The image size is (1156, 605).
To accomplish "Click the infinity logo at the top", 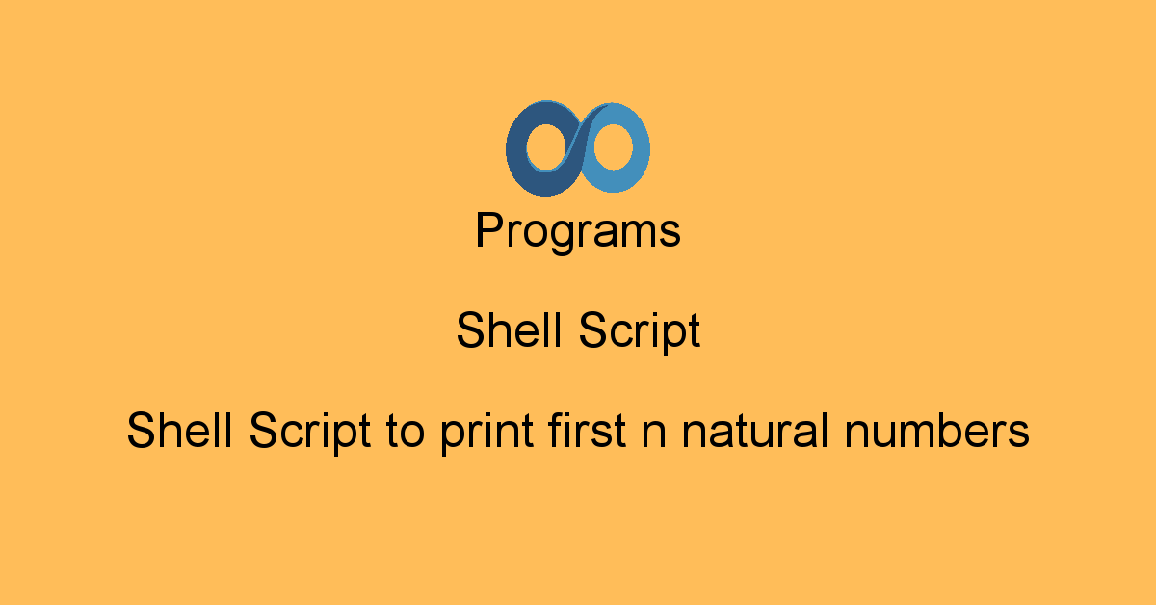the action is click(577, 148).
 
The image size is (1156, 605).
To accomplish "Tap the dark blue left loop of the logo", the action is click(516, 149).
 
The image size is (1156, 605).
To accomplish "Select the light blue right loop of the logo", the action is click(640, 148).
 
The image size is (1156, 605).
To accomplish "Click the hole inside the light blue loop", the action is click(613, 146).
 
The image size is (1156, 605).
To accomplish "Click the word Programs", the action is click(578, 232).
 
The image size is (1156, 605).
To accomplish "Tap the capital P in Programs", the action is click(489, 229).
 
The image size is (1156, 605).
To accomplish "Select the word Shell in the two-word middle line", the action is click(509, 329).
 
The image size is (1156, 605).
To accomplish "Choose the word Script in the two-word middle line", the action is click(640, 332).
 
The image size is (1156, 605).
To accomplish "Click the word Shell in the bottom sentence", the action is click(179, 430).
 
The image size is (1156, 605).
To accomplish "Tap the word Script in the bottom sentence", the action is click(309, 433).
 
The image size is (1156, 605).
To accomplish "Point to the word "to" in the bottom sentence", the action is click(406, 432).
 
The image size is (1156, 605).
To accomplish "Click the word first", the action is click(588, 430).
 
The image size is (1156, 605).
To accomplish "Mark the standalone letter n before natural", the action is click(654, 434).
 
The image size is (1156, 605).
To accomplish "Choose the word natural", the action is click(755, 431).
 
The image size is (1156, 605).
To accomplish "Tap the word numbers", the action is click(936, 431).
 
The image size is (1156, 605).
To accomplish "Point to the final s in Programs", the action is click(670, 234).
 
